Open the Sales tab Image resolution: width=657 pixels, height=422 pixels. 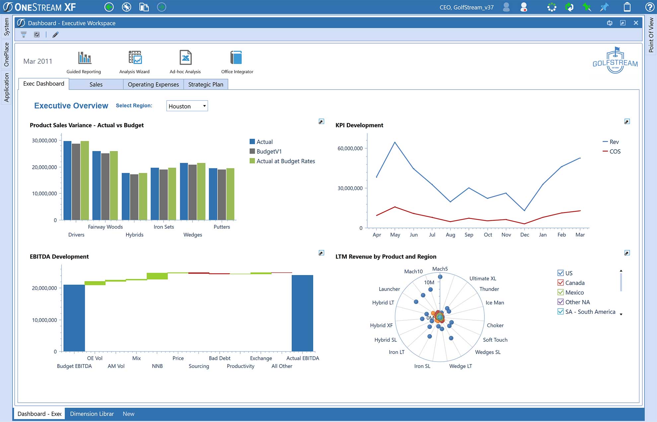(x=96, y=84)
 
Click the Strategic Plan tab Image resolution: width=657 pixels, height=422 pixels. (x=205, y=84)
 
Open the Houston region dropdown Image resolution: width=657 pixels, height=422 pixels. (x=187, y=106)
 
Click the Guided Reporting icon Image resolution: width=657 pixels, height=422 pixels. (x=85, y=58)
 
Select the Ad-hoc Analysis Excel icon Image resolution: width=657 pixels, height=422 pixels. (x=185, y=58)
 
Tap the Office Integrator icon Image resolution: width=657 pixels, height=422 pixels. (x=236, y=58)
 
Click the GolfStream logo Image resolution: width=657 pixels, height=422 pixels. (x=615, y=61)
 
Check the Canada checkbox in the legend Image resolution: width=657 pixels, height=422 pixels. (x=561, y=283)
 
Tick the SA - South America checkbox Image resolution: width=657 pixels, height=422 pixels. (x=561, y=312)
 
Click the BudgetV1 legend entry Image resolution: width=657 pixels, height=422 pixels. (x=269, y=151)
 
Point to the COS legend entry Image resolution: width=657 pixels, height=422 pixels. (x=615, y=151)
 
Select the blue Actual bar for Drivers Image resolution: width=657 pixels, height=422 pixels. (x=67, y=181)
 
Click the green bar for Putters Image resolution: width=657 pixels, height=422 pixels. (x=230, y=194)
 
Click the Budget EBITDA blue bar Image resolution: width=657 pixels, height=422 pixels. (x=74, y=318)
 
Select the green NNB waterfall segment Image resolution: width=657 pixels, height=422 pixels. (x=157, y=276)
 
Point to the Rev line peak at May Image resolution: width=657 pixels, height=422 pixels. (x=395, y=142)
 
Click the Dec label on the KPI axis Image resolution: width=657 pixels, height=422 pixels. (x=525, y=235)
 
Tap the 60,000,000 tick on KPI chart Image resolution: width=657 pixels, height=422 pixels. (x=350, y=148)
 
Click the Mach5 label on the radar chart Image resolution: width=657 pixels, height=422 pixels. (x=440, y=269)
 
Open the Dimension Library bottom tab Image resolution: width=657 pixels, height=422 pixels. (x=92, y=414)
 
